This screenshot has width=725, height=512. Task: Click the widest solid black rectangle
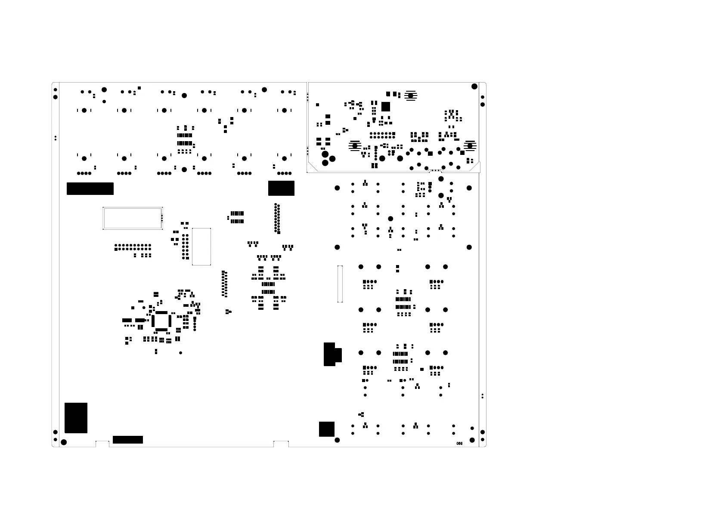[90, 188]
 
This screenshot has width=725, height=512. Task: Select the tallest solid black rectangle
[76, 418]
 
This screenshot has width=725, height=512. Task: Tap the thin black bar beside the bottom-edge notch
[127, 440]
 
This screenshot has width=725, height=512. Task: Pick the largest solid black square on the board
[326, 429]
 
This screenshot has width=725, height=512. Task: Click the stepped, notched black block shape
[332, 355]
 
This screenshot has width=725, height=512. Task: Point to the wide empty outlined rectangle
[132, 218]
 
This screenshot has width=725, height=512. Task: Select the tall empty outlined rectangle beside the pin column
[201, 247]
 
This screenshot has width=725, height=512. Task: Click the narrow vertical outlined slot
[340, 284]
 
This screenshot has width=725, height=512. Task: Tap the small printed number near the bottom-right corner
[459, 444]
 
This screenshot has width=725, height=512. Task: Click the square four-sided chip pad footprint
[161, 321]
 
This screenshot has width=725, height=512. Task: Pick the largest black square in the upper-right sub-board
[385, 106]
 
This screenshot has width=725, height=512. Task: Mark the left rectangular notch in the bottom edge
[102, 444]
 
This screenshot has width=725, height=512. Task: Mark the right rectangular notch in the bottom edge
[281, 444]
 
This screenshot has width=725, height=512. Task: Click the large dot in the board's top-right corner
[474, 86]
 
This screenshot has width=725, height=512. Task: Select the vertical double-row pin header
[277, 218]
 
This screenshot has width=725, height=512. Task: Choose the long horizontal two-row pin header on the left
[133, 247]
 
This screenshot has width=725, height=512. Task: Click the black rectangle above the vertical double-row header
[281, 188]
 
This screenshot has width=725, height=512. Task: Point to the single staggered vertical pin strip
[224, 284]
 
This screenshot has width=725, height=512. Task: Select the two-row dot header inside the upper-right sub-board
[382, 135]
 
